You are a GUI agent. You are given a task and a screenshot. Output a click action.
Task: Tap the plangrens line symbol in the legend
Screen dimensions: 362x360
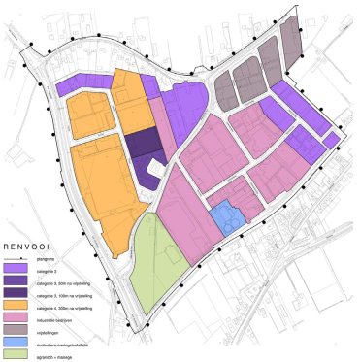[16, 261]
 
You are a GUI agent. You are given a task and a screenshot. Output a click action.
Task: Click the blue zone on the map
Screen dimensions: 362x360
[226, 216]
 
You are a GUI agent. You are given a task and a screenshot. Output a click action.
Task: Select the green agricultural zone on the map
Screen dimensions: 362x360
[154, 254]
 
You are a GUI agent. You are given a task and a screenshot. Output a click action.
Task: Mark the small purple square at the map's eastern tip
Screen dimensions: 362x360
[331, 141]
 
